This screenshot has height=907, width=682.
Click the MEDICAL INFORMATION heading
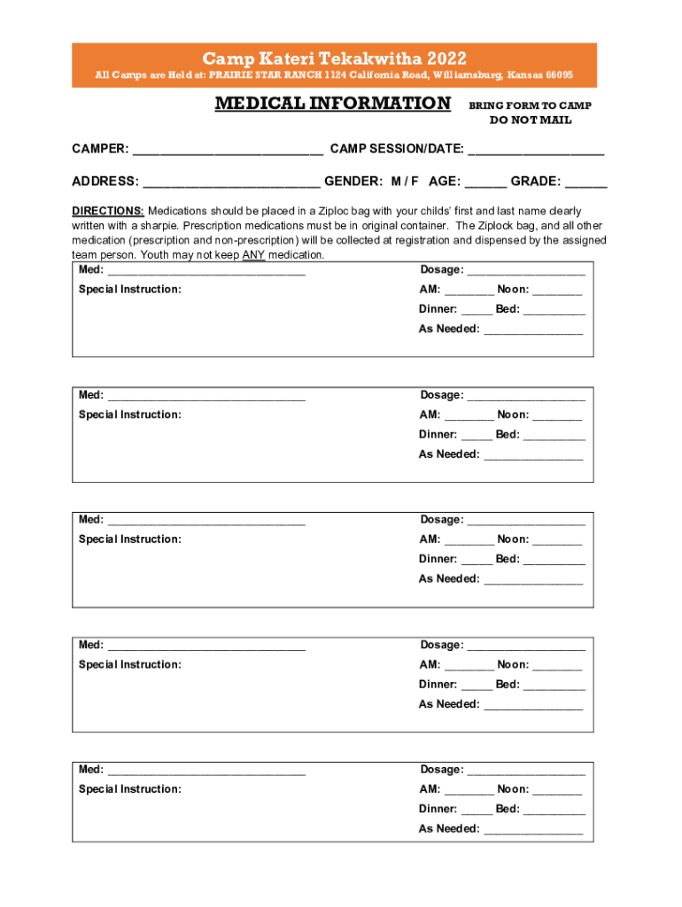click(x=333, y=104)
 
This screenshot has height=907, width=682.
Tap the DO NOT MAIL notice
click(x=531, y=120)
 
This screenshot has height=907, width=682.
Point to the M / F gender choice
click(x=405, y=182)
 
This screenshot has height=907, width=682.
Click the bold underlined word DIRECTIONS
click(x=108, y=211)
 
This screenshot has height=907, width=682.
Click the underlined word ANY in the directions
click(x=253, y=255)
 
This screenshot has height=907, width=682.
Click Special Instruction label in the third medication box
click(x=130, y=539)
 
